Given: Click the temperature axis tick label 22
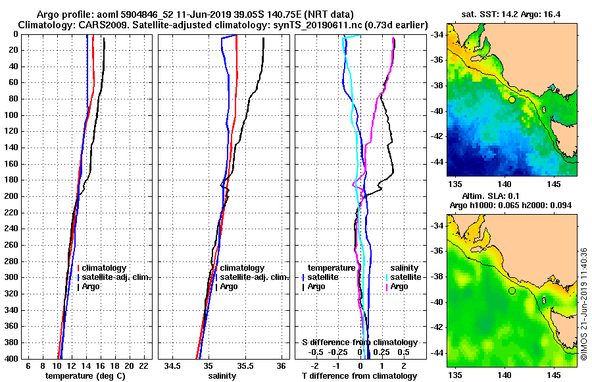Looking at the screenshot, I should click(144, 366).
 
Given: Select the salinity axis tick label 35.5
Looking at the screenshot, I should click(245, 366).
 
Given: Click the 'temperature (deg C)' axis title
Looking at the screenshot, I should click(85, 375).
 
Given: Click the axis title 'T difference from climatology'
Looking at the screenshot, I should click(359, 375).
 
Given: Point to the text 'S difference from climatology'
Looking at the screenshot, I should click(359, 342).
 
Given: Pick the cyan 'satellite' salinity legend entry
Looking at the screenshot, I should click(406, 277).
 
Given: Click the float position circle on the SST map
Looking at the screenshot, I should click(512, 99).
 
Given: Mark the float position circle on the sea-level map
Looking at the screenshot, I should click(512, 290).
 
